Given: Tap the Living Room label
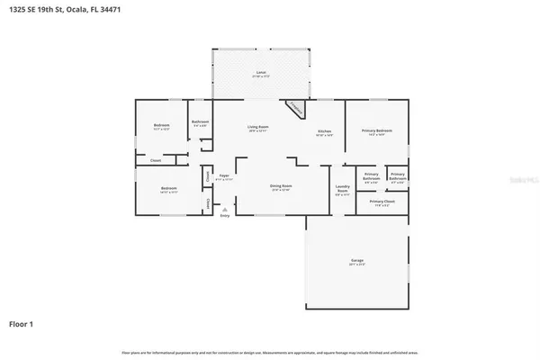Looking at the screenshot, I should pos(258,128).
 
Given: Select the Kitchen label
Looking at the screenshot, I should pos(324,132).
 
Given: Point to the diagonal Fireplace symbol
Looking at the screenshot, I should pos(294,108).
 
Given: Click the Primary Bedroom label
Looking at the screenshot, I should pos(376,132).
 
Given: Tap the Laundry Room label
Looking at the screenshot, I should pos(342,191).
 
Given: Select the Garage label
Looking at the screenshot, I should pos(357,262).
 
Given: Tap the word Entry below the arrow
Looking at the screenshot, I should pos(224,216).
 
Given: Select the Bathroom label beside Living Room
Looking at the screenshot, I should pos(201,122).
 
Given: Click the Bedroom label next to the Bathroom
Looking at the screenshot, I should pos(162,126).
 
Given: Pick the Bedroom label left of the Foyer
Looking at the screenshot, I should pos(168,190).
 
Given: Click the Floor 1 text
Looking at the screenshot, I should pos(22,322).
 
